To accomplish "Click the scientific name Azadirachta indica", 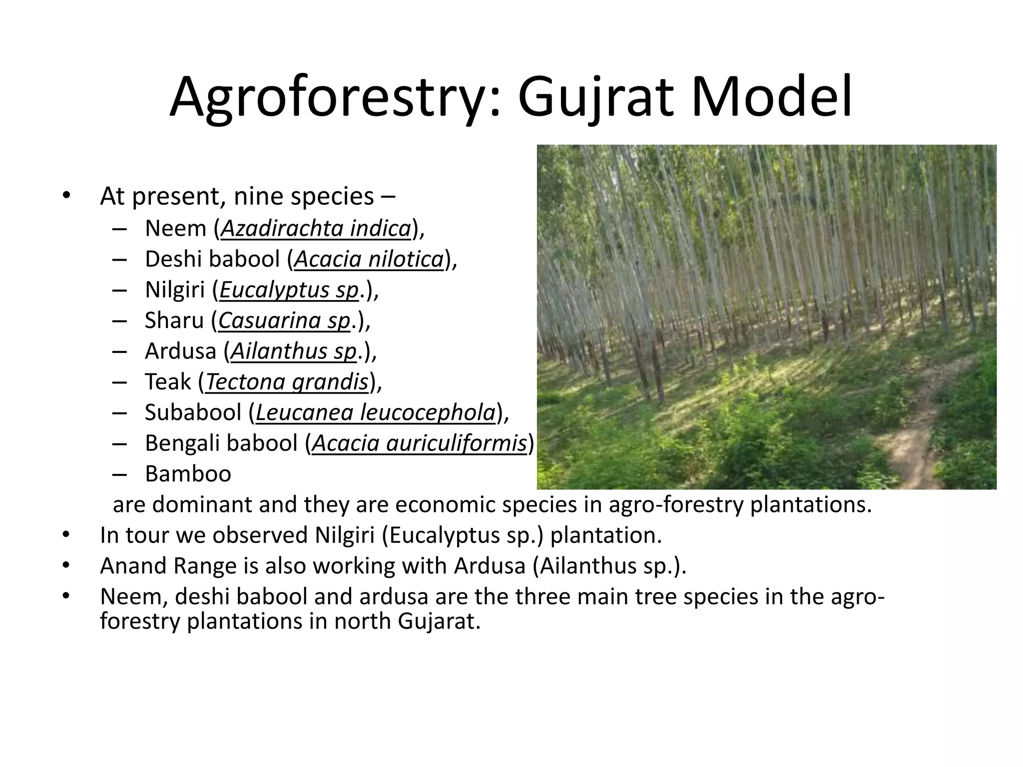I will tap(316, 229).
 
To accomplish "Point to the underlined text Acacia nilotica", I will tap(369, 260).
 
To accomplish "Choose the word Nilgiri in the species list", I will tap(174, 290).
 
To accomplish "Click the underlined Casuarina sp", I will tap(284, 321).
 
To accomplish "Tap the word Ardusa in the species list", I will tap(180, 351).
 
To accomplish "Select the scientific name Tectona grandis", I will tap(287, 382).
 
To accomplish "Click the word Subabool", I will tap(193, 412).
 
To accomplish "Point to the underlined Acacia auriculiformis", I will tap(420, 443).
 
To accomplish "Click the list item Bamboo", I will tap(188, 474).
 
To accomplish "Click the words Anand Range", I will tap(168, 566).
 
